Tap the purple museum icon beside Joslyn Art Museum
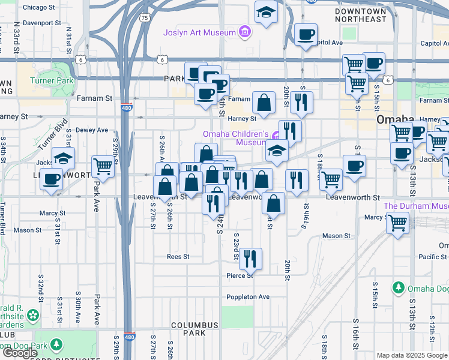tap(244, 31)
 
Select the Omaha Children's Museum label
tap(234, 138)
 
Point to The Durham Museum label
tap(415, 206)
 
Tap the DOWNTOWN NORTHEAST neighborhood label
tap(361, 16)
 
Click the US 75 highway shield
tap(144, 18)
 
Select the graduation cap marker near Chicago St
tap(265, 12)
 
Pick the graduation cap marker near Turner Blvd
tap(63, 158)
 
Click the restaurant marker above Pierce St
tap(250, 259)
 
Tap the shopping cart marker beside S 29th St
tap(103, 166)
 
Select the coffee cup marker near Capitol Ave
tap(306, 35)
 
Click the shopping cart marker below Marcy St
tap(398, 224)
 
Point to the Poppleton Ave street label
tap(248, 297)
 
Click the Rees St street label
tap(178, 256)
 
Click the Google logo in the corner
tap(20, 353)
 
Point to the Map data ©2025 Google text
tap(412, 355)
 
